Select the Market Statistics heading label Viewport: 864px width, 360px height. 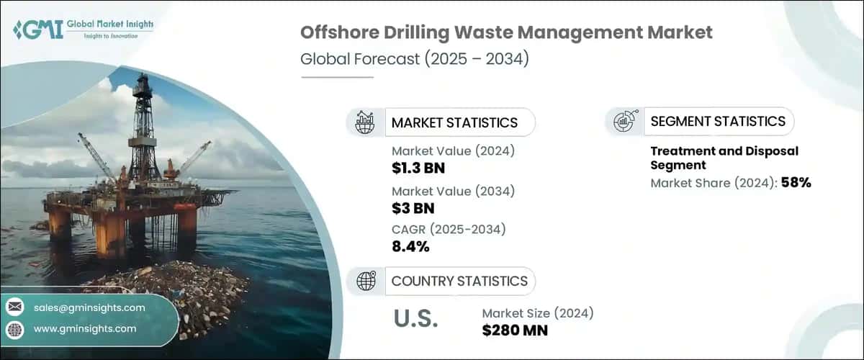tap(454, 122)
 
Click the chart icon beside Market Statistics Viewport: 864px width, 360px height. tap(366, 122)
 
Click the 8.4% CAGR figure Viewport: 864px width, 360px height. tap(410, 247)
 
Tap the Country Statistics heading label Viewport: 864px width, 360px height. tap(459, 281)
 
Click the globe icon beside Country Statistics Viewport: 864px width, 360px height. tap(366, 281)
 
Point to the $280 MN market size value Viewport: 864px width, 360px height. tap(515, 330)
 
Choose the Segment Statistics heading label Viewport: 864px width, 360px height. tap(718, 121)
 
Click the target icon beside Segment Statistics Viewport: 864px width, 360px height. tap(623, 122)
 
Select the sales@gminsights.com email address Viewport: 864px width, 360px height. tap(90, 307)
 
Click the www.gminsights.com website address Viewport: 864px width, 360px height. tap(85, 328)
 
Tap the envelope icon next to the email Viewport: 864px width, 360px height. tap(15, 307)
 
